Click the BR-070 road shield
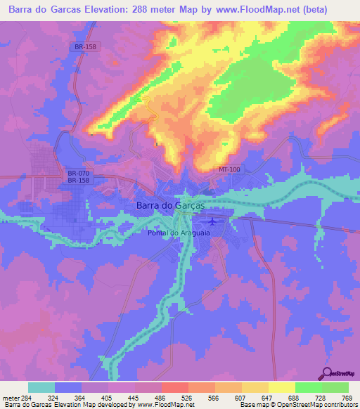coord(77,173)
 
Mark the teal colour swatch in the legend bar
coord(41,387)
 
